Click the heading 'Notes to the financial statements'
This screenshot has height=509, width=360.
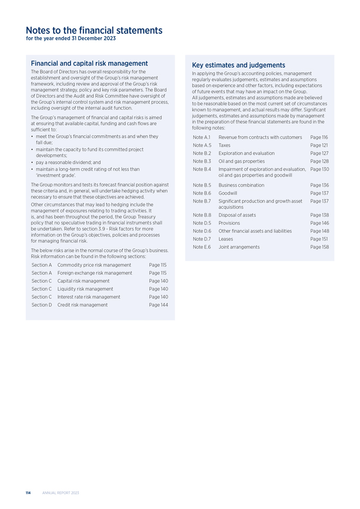click(x=94, y=30)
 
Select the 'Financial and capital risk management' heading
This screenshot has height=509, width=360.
click(x=89, y=64)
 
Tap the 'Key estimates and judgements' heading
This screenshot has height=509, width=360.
click(x=239, y=65)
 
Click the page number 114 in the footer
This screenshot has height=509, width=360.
click(x=28, y=493)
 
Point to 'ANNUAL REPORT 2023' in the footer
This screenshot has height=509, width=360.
click(x=60, y=493)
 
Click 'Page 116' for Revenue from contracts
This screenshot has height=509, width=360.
click(x=319, y=137)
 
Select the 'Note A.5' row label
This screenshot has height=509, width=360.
click(x=202, y=145)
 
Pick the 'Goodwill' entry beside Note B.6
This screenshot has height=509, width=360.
click(x=227, y=194)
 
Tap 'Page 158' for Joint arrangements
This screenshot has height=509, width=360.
click(x=319, y=247)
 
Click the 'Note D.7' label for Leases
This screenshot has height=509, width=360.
click(x=202, y=239)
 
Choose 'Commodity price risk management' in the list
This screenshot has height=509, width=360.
click(x=94, y=265)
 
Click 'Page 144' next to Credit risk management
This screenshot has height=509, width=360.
click(x=159, y=305)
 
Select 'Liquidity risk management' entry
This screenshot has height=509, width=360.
click(x=85, y=289)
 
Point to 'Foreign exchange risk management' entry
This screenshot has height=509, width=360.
click(x=94, y=273)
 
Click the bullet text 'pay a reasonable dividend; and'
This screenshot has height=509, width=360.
click(x=68, y=162)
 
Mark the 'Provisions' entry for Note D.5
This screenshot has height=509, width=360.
click(x=229, y=223)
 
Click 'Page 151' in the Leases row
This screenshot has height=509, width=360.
click(x=319, y=239)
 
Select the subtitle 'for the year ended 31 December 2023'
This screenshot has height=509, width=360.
click(x=71, y=39)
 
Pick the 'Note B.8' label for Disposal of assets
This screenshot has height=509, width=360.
click(x=202, y=215)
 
